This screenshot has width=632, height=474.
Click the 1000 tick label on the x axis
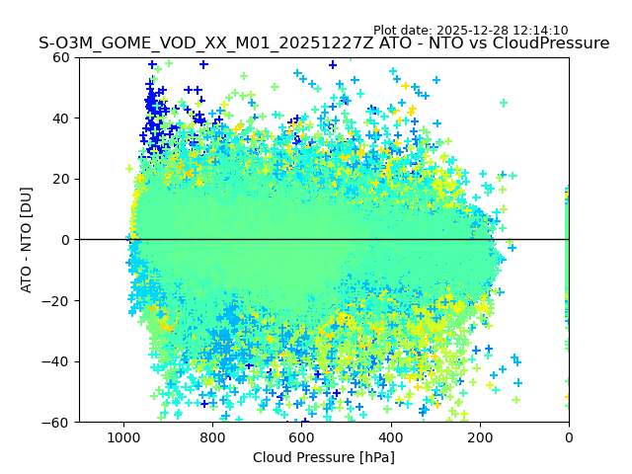123,436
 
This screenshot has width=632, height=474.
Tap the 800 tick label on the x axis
212,436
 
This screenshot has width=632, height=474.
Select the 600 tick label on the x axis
301,436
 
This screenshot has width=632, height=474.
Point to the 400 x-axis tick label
390,436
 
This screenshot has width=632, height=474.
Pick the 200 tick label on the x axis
479,436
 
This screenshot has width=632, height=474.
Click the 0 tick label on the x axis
569,436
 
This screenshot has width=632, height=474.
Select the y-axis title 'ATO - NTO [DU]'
27,240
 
